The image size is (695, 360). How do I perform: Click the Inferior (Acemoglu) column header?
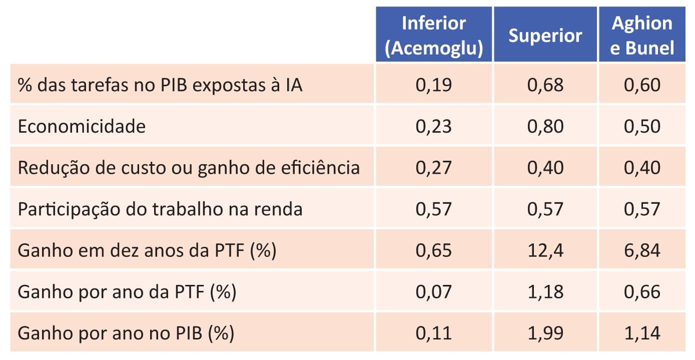click(434, 35)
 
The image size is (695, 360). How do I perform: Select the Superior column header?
click(545, 35)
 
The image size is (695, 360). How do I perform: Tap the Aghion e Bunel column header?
click(642, 35)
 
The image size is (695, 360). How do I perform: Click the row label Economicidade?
click(82, 126)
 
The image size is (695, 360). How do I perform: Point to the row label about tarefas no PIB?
click(160, 85)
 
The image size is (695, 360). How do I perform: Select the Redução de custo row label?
click(189, 167)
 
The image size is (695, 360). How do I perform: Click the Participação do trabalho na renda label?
click(160, 209)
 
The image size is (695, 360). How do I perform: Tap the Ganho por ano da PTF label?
click(127, 291)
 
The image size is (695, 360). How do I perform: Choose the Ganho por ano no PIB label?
click(126, 333)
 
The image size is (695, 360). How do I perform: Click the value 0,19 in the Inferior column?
click(434, 85)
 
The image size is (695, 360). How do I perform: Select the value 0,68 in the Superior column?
click(545, 85)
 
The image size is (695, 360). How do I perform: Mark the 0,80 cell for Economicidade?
click(545, 126)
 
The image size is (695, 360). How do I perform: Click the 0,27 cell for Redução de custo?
click(434, 167)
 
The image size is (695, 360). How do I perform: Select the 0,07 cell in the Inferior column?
click(434, 291)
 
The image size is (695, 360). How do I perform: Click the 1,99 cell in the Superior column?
click(545, 333)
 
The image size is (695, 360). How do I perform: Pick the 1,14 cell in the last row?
click(642, 333)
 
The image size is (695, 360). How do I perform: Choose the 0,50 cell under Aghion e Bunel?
click(642, 126)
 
